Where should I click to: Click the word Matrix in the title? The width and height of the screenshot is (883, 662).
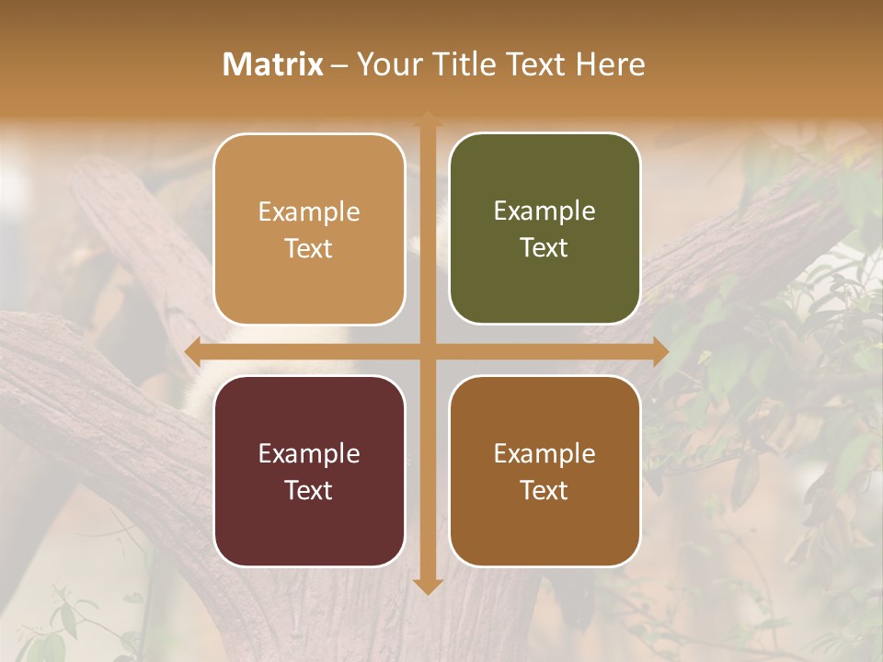(273, 64)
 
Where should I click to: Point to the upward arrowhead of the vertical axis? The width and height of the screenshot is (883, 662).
(427, 120)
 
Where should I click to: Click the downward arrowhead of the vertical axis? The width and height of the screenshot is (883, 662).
(427, 586)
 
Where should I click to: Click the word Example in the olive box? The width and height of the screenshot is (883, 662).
(545, 211)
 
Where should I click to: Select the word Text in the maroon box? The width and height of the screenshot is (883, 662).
(309, 490)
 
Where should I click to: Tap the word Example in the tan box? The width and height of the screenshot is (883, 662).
(309, 212)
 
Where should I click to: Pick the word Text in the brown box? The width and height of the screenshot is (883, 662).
(545, 490)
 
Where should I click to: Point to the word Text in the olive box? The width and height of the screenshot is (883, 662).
(545, 248)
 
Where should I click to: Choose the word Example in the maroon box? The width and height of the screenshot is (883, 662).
(309, 453)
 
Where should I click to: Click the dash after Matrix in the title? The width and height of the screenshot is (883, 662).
(339, 65)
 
